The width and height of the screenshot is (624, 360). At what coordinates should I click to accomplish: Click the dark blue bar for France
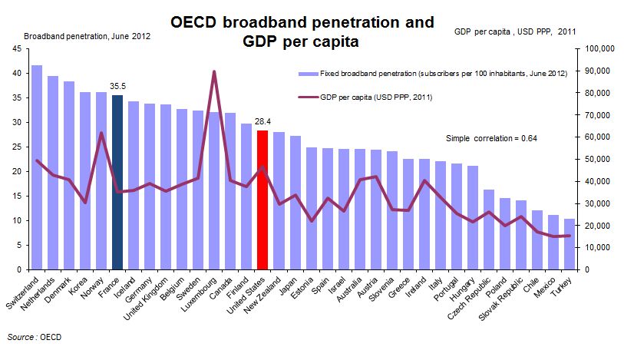pyautogui.click(x=117, y=184)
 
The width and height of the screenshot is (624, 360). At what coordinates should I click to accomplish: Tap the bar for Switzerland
pyautogui.click(x=37, y=169)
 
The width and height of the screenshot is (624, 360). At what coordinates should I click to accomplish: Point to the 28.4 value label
pyautogui.click(x=262, y=123)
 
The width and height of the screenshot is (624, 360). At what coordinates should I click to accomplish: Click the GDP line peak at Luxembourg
pyautogui.click(x=214, y=71)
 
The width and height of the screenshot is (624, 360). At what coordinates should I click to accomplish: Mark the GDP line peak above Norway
pyautogui.click(x=101, y=133)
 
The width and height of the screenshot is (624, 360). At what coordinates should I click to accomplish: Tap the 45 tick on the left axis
pyautogui.click(x=17, y=48)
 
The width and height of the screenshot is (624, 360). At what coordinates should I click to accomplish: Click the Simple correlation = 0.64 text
pyautogui.click(x=491, y=138)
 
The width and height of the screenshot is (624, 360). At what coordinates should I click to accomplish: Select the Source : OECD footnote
pyautogui.click(x=34, y=337)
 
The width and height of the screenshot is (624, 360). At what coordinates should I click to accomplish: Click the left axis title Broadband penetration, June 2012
pyautogui.click(x=87, y=36)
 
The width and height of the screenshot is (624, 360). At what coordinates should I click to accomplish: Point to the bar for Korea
pyautogui.click(x=84, y=181)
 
